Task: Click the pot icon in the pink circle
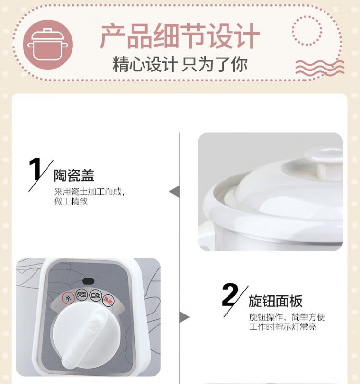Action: click(48, 45)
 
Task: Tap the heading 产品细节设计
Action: click(180, 36)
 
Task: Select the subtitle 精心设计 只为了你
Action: click(180, 64)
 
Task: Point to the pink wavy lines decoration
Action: click(320, 67)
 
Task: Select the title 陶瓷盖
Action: click(74, 175)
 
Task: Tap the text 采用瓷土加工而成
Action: click(87, 191)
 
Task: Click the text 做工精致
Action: click(71, 201)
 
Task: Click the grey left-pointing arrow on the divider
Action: click(174, 192)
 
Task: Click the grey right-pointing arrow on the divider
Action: click(184, 317)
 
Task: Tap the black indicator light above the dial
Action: click(88, 281)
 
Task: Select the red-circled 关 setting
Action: click(69, 299)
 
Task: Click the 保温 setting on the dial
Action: click(82, 294)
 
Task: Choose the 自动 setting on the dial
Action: click(96, 295)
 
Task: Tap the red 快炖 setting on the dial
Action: click(108, 300)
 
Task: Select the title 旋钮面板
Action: click(276, 301)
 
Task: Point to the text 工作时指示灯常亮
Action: click(283, 327)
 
